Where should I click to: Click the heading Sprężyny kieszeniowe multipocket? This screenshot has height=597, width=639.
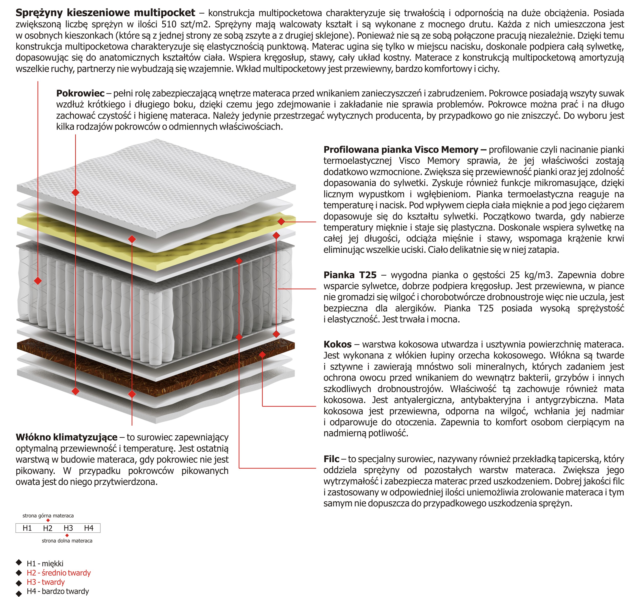tap(105, 13)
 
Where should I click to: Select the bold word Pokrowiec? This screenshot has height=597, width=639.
tap(80, 93)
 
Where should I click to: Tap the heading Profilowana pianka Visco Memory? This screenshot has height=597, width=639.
tap(401, 150)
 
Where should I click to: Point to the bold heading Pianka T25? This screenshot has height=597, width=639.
tap(350, 275)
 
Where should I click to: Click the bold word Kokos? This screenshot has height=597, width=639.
tap(337, 344)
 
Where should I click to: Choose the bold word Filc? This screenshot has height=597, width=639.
tap(331, 459)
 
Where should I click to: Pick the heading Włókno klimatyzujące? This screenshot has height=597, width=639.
tap(66, 437)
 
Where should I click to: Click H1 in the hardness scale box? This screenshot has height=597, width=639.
tap(27, 528)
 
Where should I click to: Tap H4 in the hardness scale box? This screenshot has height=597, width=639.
tap(89, 528)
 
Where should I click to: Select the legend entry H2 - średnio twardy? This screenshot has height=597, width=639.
tap(59, 573)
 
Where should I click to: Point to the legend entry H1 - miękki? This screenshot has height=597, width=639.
tap(45, 563)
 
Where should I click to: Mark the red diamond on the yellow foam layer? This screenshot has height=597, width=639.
tap(281, 221)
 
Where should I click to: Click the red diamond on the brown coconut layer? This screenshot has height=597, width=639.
tap(262, 355)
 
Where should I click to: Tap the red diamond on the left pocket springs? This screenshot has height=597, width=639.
tap(38, 281)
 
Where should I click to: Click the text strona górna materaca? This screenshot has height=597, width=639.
tap(48, 516)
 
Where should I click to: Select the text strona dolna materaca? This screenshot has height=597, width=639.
tap(67, 541)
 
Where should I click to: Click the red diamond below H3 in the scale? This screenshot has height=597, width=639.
tap(67, 535)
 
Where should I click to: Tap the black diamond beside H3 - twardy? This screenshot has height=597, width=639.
tap(19, 582)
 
